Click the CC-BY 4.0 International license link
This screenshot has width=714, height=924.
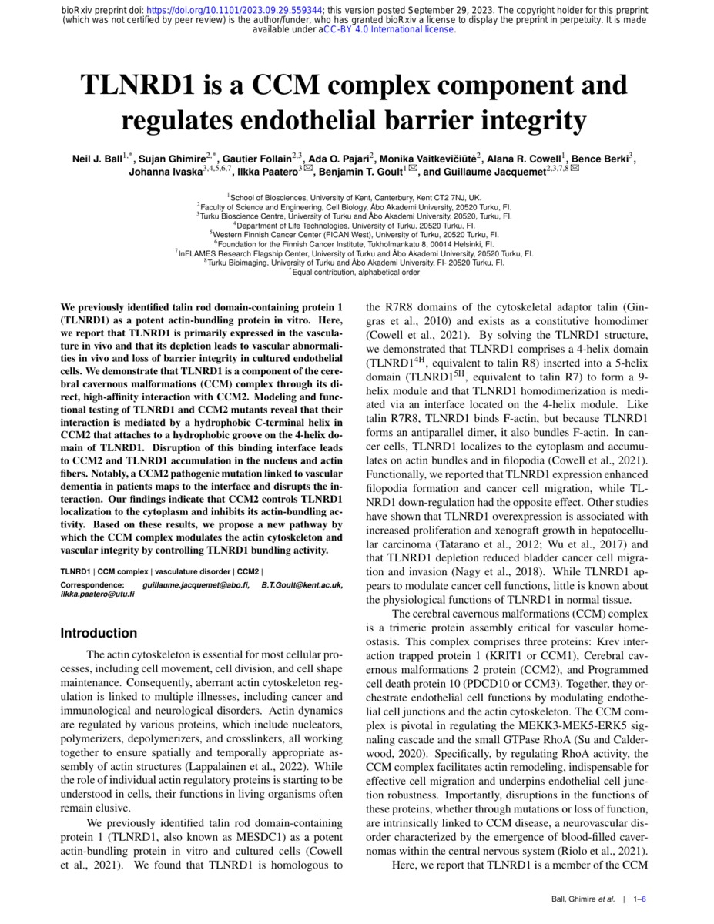(389, 30)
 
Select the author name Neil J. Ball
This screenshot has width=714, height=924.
(96, 159)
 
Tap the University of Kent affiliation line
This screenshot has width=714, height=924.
(356, 198)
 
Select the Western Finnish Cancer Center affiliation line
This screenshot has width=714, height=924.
(356, 234)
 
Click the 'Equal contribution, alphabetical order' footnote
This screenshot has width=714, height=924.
(356, 272)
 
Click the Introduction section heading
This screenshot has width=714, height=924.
(99, 634)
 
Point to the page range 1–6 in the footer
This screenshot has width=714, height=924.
(639, 899)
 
